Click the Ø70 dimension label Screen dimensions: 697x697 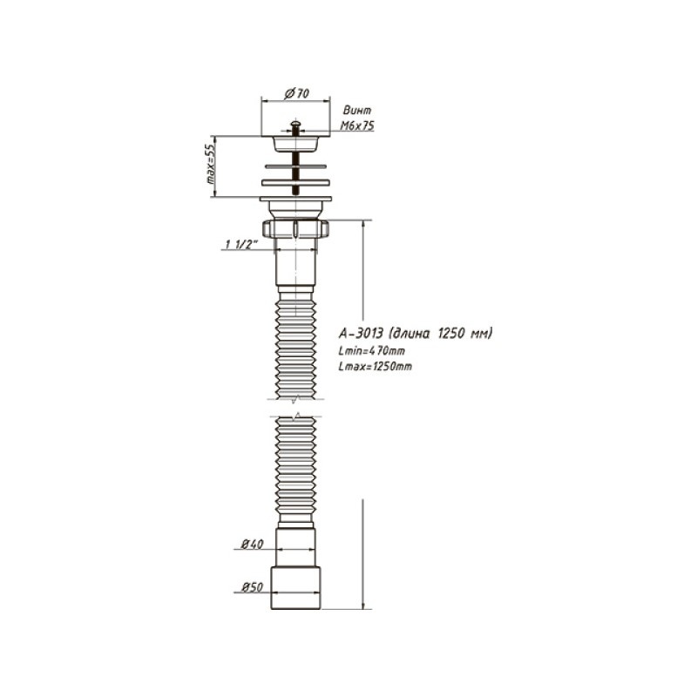pyautogui.click(x=296, y=93)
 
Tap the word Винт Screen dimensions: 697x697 pyautogui.click(x=357, y=110)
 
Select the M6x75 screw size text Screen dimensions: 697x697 pyautogui.click(x=357, y=125)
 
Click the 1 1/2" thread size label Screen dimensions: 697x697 pyautogui.click(x=241, y=244)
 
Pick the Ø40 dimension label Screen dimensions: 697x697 pyautogui.click(x=252, y=544)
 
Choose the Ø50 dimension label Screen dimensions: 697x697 pyautogui.click(x=252, y=587)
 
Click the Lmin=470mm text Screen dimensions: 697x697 pyautogui.click(x=372, y=351)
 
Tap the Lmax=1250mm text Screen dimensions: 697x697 pyautogui.click(x=376, y=366)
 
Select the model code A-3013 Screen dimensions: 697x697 pyautogui.click(x=361, y=333)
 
